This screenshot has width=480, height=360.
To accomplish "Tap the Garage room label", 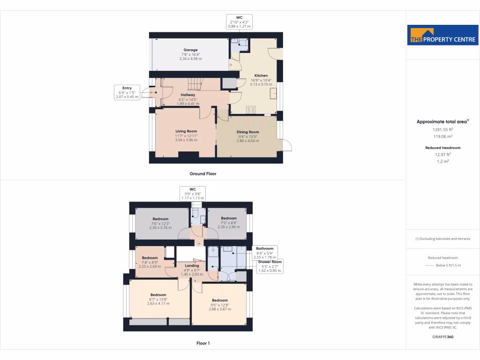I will click(190, 50).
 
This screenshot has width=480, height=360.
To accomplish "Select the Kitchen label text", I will click(261, 75).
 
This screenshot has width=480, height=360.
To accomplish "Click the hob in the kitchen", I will click(251, 110).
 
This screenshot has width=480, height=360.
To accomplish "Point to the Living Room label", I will click(186, 131).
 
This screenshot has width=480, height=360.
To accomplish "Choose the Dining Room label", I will click(247, 132).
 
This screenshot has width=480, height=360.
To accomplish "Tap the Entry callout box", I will click(127, 92).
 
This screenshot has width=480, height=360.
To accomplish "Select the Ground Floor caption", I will click(203, 173).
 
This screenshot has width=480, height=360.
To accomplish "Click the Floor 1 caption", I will click(203, 343).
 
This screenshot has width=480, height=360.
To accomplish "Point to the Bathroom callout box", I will click(265, 253).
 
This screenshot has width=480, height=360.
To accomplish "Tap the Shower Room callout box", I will click(270, 266).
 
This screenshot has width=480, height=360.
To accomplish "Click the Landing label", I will click(192, 266).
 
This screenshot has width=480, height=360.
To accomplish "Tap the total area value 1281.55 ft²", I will click(442, 129).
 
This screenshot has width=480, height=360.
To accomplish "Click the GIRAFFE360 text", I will click(442, 337).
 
